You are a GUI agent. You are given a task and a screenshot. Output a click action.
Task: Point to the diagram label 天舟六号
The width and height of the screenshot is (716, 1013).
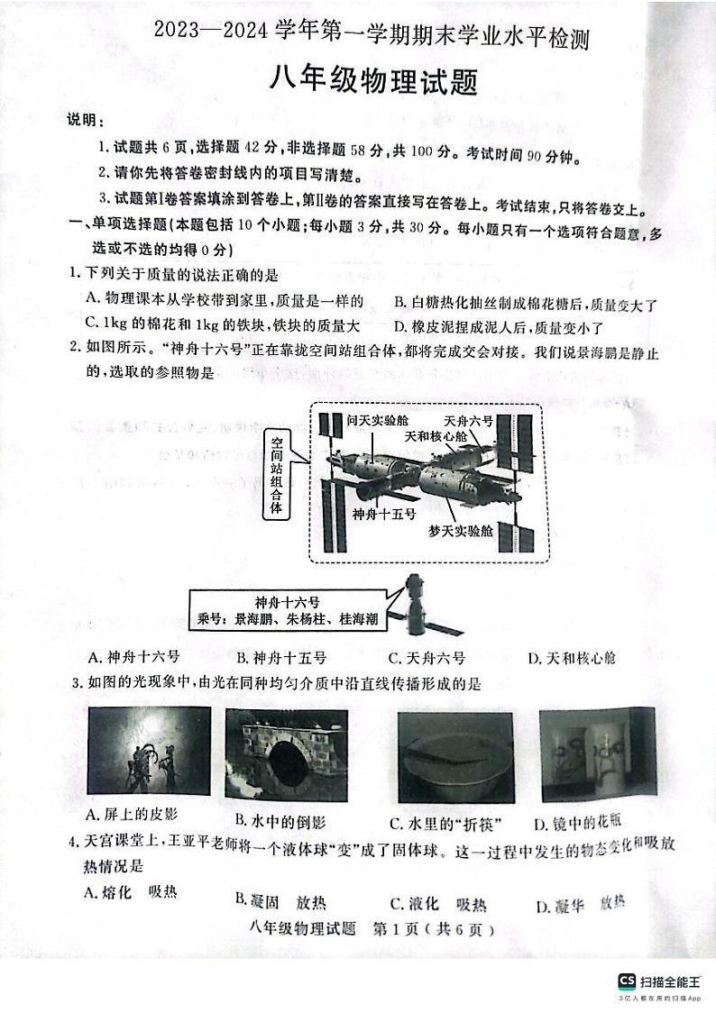click(x=468, y=421)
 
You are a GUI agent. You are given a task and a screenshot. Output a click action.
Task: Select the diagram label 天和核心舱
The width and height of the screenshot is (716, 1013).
click(x=436, y=436)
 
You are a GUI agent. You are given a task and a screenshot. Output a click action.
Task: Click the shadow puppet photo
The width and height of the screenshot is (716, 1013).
click(x=149, y=750)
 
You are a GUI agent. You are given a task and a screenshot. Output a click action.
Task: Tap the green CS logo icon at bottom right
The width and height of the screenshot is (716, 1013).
click(x=626, y=981)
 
